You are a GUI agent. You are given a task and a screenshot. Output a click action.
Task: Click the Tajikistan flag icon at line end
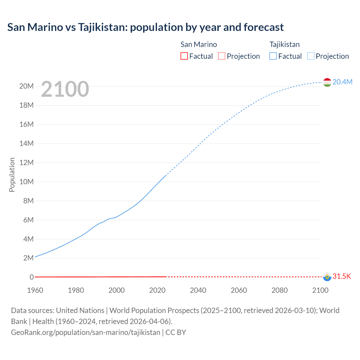point(327,82)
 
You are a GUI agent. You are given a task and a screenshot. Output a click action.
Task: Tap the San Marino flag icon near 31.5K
point(327,277)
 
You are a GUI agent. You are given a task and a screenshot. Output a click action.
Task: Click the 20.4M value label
point(342,82)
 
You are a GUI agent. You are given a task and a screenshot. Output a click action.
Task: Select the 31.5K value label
point(342,276)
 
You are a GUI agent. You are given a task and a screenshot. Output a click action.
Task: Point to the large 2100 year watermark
point(65,89)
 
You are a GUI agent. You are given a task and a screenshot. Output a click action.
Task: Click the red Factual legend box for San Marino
point(184,56)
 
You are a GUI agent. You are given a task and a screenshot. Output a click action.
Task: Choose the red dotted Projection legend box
point(222,56)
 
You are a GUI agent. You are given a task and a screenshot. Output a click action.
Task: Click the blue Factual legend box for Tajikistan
point(273,56)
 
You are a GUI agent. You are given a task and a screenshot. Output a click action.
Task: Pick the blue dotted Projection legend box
point(310,56)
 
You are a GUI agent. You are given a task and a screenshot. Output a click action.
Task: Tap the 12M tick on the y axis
point(26,163)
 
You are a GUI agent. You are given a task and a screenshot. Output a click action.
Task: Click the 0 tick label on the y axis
point(31,277)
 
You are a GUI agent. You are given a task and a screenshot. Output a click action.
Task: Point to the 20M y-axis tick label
point(26,86)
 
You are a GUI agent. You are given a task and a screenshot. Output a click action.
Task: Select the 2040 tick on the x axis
point(198,290)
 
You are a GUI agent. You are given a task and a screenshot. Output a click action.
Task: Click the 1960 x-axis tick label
point(35,290)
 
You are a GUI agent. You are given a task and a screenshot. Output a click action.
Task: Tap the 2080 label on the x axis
point(279,290)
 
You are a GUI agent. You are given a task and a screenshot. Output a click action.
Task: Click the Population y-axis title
point(12,175)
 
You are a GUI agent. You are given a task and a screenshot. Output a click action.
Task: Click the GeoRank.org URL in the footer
point(85,332)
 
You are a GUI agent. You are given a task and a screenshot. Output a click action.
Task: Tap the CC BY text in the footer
point(176,332)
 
